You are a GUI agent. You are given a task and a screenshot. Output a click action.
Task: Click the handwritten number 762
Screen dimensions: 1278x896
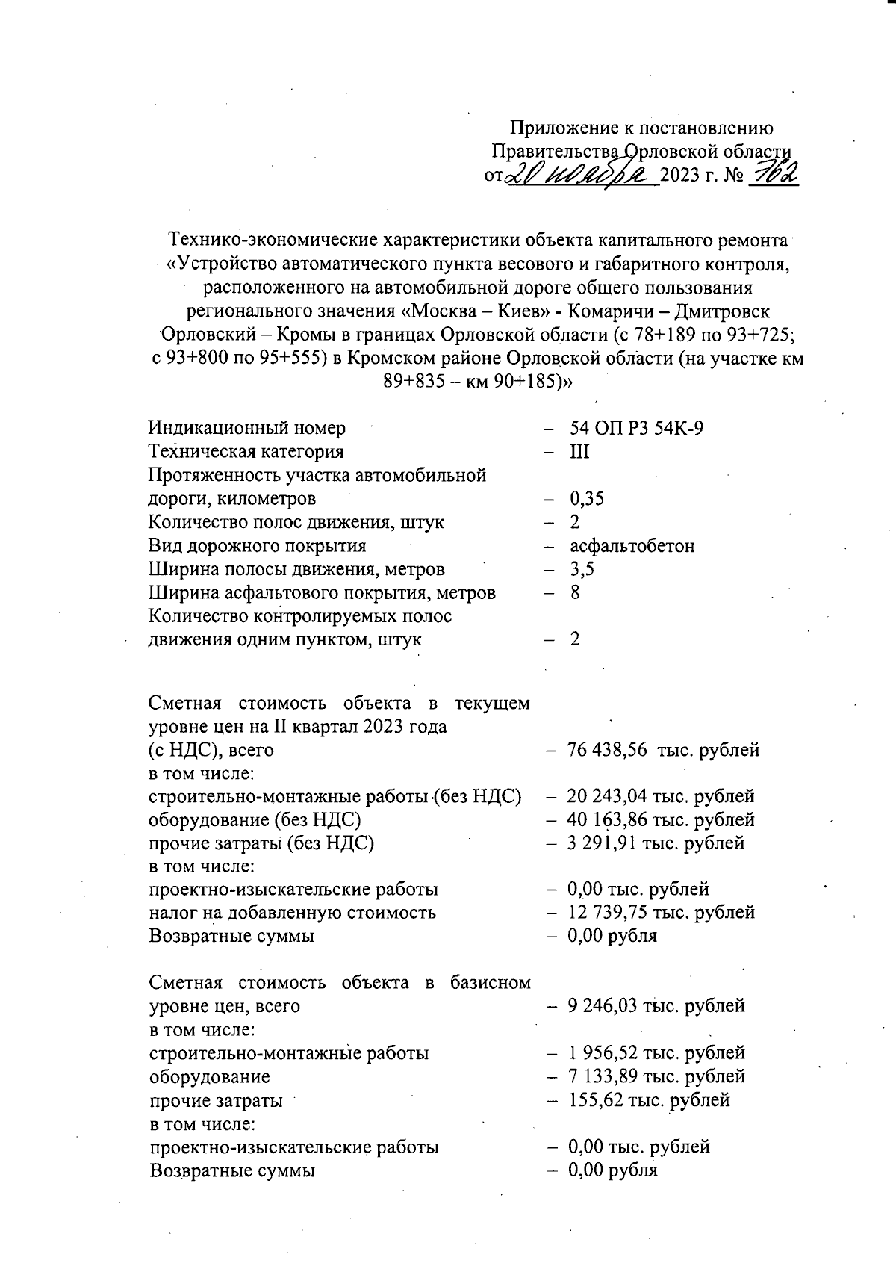tap(773, 175)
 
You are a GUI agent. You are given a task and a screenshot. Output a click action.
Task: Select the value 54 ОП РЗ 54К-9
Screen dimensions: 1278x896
tap(636, 428)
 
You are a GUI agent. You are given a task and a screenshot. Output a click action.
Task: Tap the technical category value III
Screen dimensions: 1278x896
tap(579, 452)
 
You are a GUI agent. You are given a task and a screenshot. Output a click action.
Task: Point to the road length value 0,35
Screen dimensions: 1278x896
tap(586, 498)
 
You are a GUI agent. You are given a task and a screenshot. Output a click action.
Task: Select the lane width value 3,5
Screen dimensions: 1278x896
tap(582, 569)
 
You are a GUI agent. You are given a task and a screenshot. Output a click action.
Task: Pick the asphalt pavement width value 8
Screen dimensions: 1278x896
tap(574, 592)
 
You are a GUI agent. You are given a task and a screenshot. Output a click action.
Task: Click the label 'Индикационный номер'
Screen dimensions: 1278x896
tap(247, 428)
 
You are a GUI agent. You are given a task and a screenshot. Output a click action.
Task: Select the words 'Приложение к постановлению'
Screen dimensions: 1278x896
tap(641, 128)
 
